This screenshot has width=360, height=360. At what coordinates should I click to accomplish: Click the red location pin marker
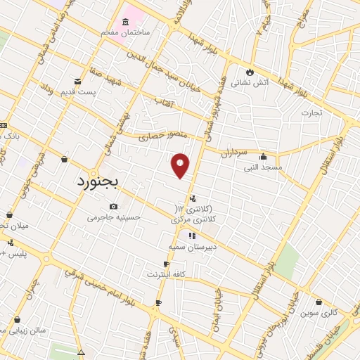click(181, 165)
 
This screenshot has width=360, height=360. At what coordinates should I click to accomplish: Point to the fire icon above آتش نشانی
click(250, 72)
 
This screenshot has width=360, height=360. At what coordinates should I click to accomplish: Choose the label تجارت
click(311, 112)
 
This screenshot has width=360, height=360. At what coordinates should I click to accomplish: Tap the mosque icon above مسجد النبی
click(263, 156)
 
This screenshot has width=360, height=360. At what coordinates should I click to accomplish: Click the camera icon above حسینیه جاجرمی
click(114, 206)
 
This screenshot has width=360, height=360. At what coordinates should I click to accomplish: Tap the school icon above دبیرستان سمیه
click(192, 235)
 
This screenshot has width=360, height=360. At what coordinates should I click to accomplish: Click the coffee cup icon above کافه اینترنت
click(166, 264)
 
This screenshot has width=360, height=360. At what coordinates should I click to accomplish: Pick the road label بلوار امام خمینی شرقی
click(123, 290)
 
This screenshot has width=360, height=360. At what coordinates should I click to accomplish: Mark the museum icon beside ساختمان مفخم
click(126, 20)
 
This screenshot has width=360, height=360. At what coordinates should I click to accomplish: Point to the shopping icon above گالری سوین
click(320, 301)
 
